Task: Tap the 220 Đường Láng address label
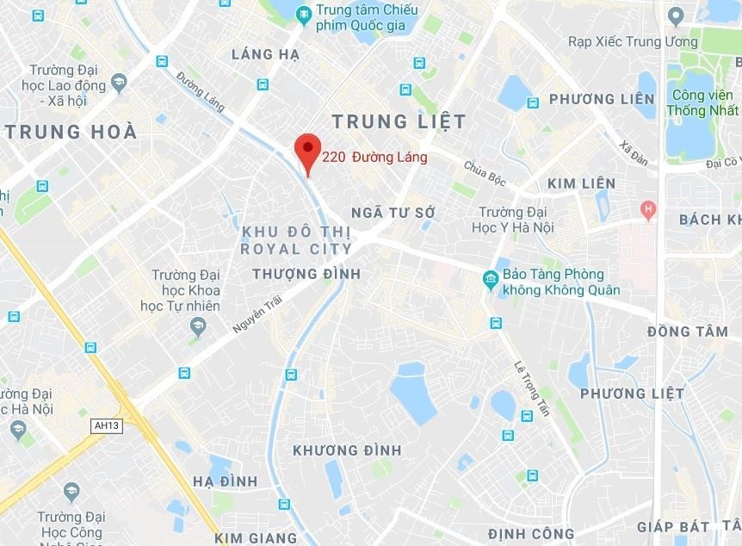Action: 374,158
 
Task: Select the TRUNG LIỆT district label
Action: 399,121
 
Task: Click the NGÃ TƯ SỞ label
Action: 393,212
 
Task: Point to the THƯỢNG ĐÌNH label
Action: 306,273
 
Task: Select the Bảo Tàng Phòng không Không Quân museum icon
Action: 491,278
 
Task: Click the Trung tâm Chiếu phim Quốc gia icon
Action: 303,14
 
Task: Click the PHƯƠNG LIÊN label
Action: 602,99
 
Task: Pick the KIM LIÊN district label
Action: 581,183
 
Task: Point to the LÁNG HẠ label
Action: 265,54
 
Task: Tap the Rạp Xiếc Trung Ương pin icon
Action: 676,17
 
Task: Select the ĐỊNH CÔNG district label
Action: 530,533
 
